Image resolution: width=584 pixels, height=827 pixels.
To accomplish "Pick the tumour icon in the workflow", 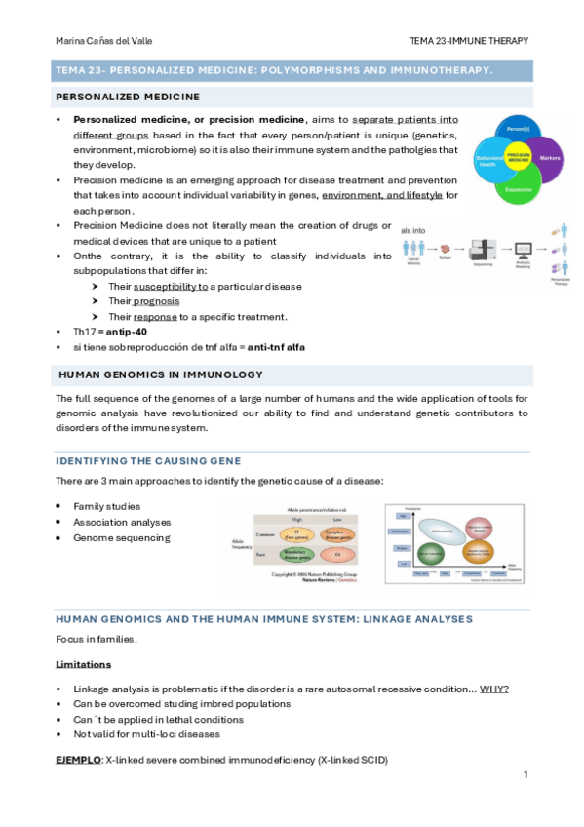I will point(446,251).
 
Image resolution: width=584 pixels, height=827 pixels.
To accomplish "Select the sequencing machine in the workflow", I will point(483,251).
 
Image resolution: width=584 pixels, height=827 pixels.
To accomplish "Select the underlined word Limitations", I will point(84,663).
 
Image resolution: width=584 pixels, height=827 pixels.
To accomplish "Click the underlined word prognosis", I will point(157,301).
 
